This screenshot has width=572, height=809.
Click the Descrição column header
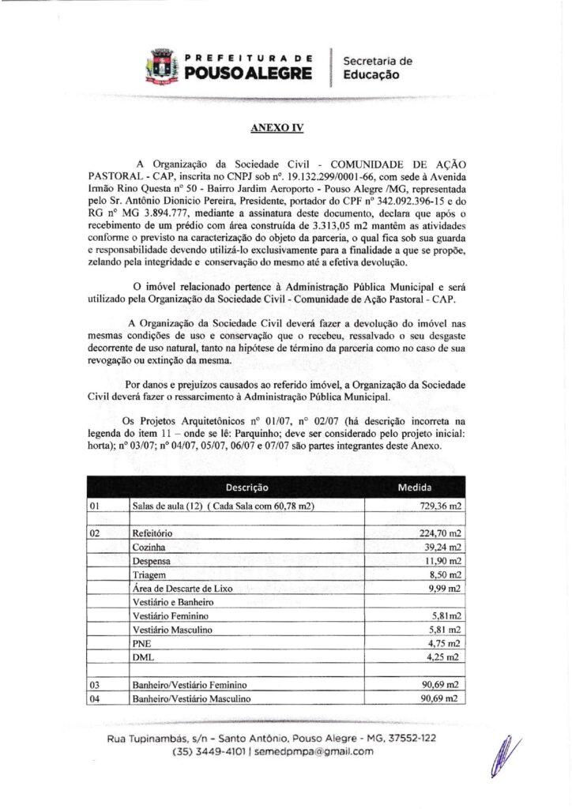[x=246, y=487]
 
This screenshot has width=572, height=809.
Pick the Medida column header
[x=424, y=487]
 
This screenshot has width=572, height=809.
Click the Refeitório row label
[x=153, y=533]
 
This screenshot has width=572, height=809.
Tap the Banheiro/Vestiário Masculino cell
[x=191, y=699]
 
